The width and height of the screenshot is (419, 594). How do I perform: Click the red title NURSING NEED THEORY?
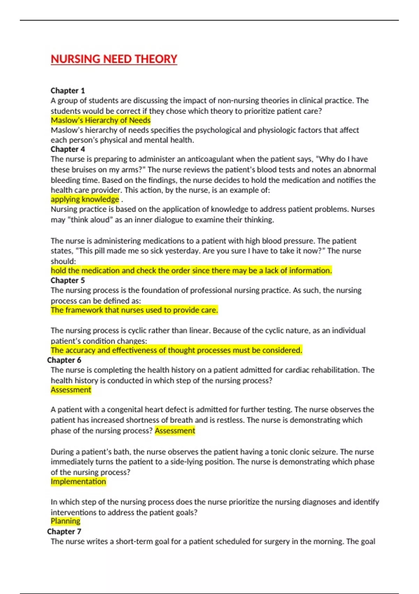114,59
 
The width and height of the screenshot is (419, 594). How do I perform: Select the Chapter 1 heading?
68,90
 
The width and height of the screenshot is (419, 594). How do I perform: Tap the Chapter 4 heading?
68,149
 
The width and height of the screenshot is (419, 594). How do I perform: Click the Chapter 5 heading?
68,280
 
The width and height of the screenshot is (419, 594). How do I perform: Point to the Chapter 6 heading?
64,360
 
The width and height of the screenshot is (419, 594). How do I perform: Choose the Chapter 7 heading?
64,531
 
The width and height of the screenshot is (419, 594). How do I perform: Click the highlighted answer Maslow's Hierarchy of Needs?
101,120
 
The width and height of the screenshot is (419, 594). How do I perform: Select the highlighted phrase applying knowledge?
85,199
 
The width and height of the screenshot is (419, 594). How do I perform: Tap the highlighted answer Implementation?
78,481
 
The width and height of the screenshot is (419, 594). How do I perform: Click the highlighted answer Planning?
65,521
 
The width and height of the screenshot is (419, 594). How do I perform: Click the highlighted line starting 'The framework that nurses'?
134,310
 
